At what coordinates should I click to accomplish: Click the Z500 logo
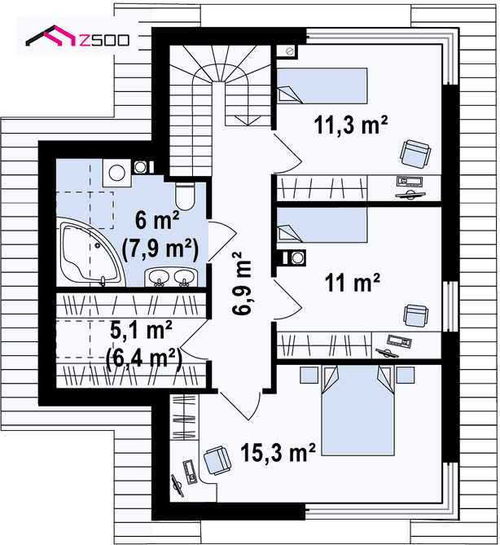pos(77,36)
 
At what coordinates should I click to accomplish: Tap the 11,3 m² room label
pos(351,125)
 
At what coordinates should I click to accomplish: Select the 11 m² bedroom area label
pos(353,282)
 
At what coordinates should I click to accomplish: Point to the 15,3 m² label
pos(278,452)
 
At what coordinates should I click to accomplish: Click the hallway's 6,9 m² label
pos(242,283)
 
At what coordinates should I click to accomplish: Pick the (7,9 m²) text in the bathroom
pos(160,249)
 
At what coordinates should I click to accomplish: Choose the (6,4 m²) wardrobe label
pos(144,358)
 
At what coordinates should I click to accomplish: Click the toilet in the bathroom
pos(185,196)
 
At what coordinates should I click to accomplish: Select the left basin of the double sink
pos(159,277)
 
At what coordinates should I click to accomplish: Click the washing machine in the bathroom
pos(116,173)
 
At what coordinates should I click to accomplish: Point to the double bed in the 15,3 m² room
pos(357,410)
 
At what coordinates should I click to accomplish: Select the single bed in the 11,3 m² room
pos(322,86)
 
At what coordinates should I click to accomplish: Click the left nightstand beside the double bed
pos(309,375)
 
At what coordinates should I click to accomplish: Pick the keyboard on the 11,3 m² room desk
pos(410,182)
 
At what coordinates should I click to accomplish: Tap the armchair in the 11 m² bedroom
pos(415,315)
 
